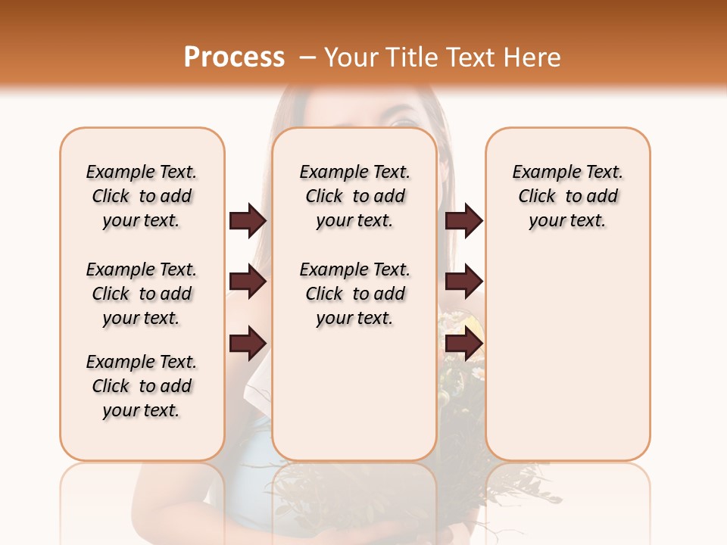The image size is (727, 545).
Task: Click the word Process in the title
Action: [x=234, y=58]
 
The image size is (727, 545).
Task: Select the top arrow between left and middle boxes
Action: [x=248, y=220]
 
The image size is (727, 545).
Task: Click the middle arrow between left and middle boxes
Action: [x=248, y=282]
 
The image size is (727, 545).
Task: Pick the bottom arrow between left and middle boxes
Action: [x=248, y=343]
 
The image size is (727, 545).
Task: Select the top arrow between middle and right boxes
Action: [x=463, y=220]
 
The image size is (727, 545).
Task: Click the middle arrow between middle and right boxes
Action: [x=463, y=282]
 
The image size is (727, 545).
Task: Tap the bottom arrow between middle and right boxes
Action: [x=463, y=343]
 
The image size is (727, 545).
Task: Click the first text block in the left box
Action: [x=142, y=196]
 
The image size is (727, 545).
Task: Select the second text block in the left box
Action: [x=142, y=294]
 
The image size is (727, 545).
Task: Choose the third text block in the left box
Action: [x=142, y=386]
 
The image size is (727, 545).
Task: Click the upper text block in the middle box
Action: [x=354, y=196]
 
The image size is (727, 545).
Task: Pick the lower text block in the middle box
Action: [x=354, y=294]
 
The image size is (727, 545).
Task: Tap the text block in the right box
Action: [x=567, y=196]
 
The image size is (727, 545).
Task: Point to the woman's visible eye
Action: [x=403, y=120]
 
